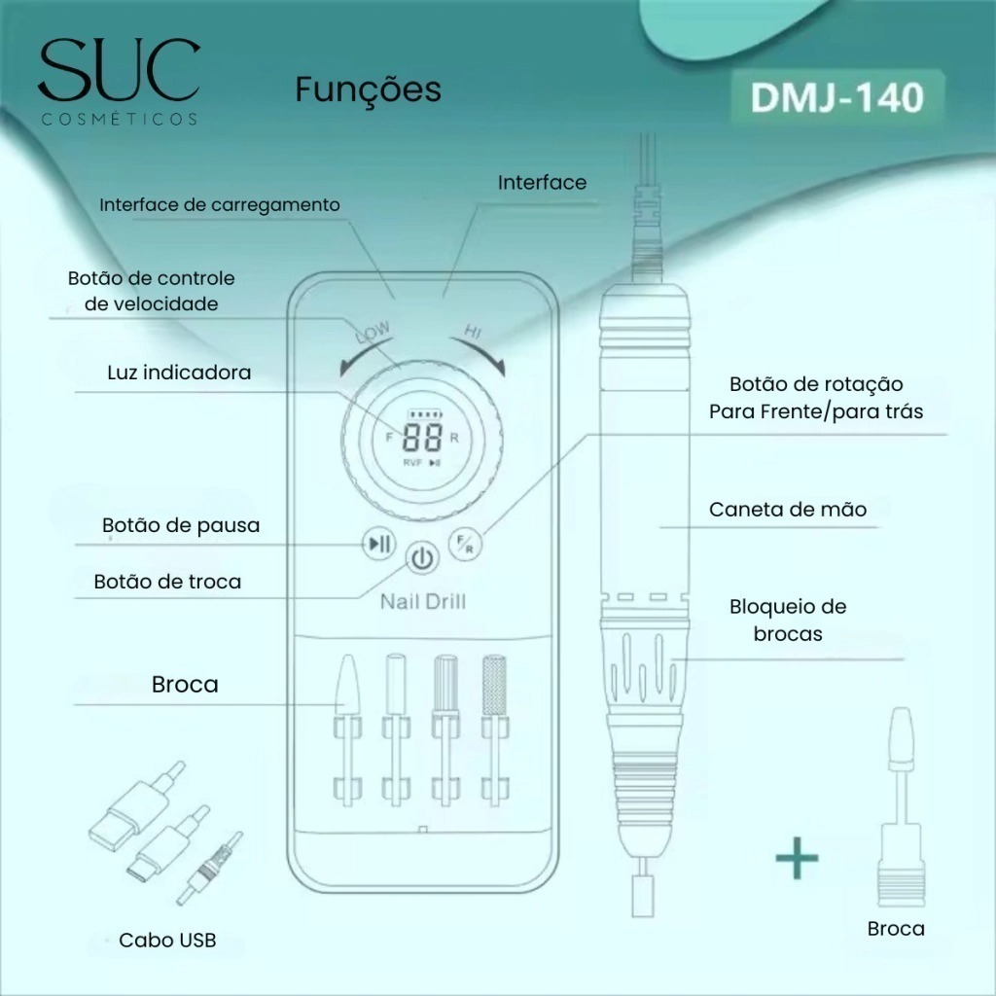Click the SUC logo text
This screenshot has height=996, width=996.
(x=120, y=70)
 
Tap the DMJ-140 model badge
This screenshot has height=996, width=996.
(x=837, y=97)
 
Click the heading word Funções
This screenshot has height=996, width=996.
(x=368, y=89)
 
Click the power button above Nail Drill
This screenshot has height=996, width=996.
(x=422, y=558)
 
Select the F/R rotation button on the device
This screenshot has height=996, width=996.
(x=465, y=545)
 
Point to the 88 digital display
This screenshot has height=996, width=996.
(x=422, y=438)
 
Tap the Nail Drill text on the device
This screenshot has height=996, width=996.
(x=423, y=601)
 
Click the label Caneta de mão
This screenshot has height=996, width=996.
(x=788, y=510)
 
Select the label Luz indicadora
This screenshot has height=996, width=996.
(x=179, y=373)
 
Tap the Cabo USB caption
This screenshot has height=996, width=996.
(x=167, y=941)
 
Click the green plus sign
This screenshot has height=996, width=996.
(x=798, y=858)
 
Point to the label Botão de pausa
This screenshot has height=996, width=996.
(x=181, y=525)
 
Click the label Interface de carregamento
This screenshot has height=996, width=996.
(x=220, y=205)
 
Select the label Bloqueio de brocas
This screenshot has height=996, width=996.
(x=788, y=620)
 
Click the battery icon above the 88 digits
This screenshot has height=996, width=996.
(x=423, y=414)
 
